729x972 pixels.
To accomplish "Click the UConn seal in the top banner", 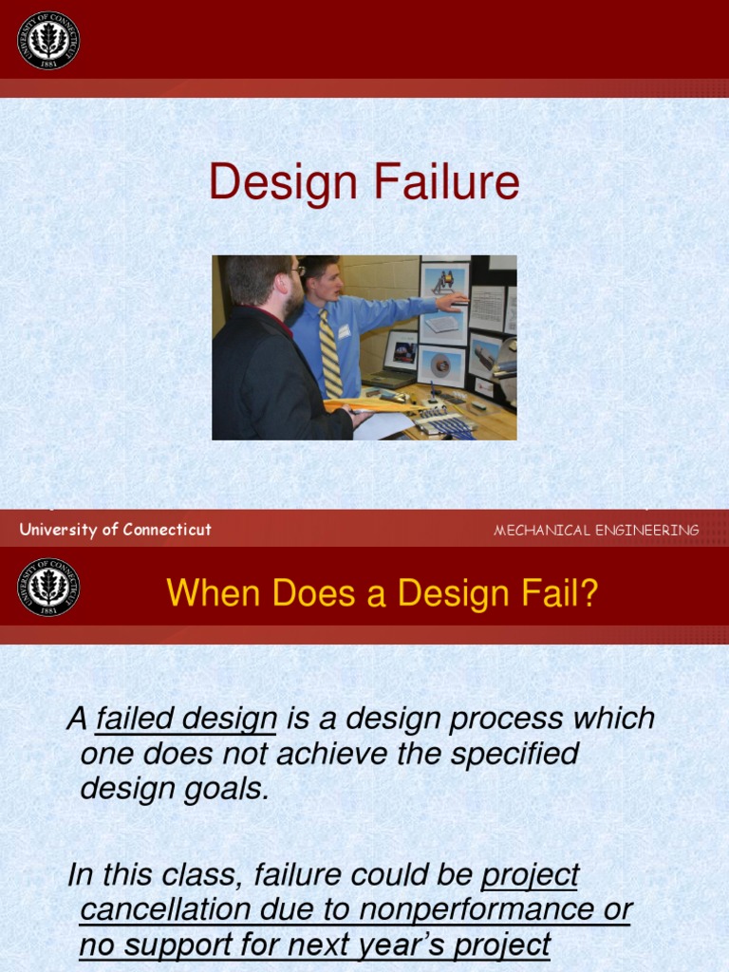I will coord(48,40).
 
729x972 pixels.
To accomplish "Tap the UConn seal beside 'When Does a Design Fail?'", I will coord(48,587).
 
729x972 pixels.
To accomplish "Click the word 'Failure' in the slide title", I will coord(446,182).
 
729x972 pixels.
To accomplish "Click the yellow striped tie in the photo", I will coord(329,356).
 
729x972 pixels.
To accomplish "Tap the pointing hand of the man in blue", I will coord(454,302).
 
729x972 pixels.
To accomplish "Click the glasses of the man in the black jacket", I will coord(296,271).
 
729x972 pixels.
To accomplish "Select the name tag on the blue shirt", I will coord(344,331).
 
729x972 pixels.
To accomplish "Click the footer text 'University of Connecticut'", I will coord(115,530).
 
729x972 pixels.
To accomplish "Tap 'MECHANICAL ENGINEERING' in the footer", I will coord(596,531).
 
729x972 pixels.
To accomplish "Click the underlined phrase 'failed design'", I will coord(186,719).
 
